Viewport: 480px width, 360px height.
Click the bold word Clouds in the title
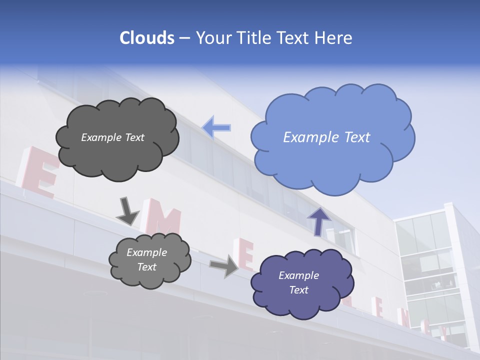pyautogui.click(x=147, y=38)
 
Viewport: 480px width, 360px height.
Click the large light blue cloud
pyautogui.click(x=332, y=155)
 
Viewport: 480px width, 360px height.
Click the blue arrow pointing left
pyautogui.click(x=216, y=127)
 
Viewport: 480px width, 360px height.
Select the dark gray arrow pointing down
pyautogui.click(x=127, y=211)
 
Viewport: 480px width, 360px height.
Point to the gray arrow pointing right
pyautogui.click(x=224, y=266)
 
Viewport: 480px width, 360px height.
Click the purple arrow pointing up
pyautogui.click(x=318, y=221)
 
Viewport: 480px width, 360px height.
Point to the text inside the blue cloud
pyautogui.click(x=326, y=137)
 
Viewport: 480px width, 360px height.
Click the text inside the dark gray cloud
pyautogui.click(x=112, y=137)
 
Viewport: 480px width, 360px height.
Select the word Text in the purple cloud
pyautogui.click(x=298, y=290)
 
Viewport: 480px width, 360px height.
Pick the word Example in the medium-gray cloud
pyautogui.click(x=146, y=252)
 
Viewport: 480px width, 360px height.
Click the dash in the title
pyautogui.click(x=183, y=38)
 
